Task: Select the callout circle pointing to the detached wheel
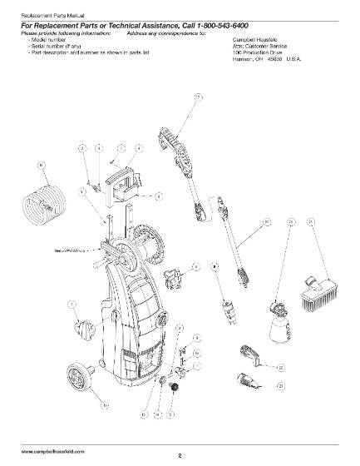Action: point(105,405)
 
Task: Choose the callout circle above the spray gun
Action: point(198,98)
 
